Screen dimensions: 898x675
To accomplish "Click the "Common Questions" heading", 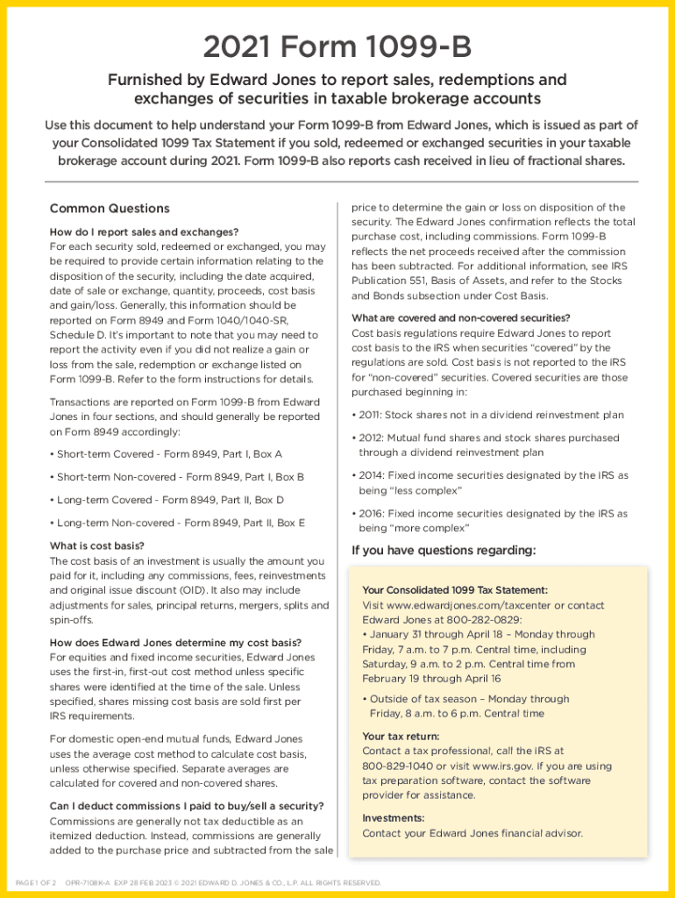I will [x=110, y=209].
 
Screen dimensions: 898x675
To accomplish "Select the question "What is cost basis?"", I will [x=97, y=546].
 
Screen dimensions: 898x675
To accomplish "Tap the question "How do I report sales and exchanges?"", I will [x=144, y=232].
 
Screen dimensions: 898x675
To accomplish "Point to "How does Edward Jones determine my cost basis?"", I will [x=175, y=643].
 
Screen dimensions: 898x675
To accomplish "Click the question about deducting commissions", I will [x=187, y=807].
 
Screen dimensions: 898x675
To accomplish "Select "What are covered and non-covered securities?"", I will [x=460, y=318].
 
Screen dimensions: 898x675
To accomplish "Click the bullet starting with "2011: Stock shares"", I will [x=487, y=415].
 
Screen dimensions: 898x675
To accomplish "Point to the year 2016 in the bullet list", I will [x=371, y=514].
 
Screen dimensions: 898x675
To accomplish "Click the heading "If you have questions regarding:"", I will [x=443, y=551].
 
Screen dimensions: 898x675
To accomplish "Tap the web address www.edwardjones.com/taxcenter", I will [x=470, y=606].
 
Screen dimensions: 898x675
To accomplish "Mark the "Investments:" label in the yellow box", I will [x=394, y=818].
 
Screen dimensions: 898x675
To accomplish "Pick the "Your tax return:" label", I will [x=401, y=737].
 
